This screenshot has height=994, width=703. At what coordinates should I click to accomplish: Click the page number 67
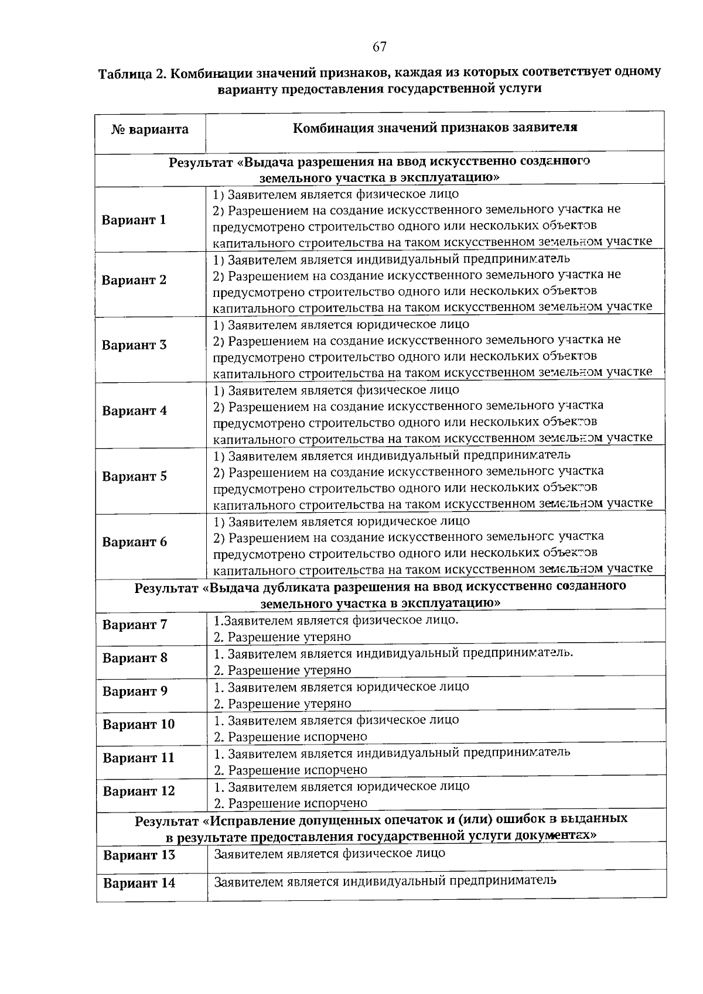pyautogui.click(x=380, y=47)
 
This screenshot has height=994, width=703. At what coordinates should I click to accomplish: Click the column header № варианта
pyautogui.click(x=150, y=129)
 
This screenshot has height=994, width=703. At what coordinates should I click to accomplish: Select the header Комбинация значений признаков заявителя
pyautogui.click(x=435, y=128)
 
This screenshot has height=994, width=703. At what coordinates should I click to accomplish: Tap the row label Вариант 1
pyautogui.click(x=134, y=220)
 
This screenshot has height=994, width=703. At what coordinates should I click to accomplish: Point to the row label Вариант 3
pyautogui.click(x=134, y=345)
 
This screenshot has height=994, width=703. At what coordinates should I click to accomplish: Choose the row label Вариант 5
pyautogui.click(x=134, y=476)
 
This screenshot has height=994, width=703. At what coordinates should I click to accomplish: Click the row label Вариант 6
pyautogui.click(x=134, y=541)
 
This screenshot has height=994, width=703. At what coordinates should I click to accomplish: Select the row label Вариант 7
pyautogui.click(x=135, y=625)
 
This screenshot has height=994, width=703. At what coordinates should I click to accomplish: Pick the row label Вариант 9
pyautogui.click(x=135, y=691)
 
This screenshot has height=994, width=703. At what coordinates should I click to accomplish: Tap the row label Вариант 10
pyautogui.click(x=138, y=725)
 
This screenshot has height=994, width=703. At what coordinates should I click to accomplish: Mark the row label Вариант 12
pyautogui.click(x=139, y=791)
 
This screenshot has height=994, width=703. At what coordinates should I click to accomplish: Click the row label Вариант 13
pyautogui.click(x=139, y=855)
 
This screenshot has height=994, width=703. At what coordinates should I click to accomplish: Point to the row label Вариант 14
pyautogui.click(x=139, y=883)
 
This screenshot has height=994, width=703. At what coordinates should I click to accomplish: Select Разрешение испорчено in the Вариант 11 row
pyautogui.click(x=291, y=770)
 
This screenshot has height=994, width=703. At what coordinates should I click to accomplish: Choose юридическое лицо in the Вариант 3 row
pyautogui.click(x=412, y=324)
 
